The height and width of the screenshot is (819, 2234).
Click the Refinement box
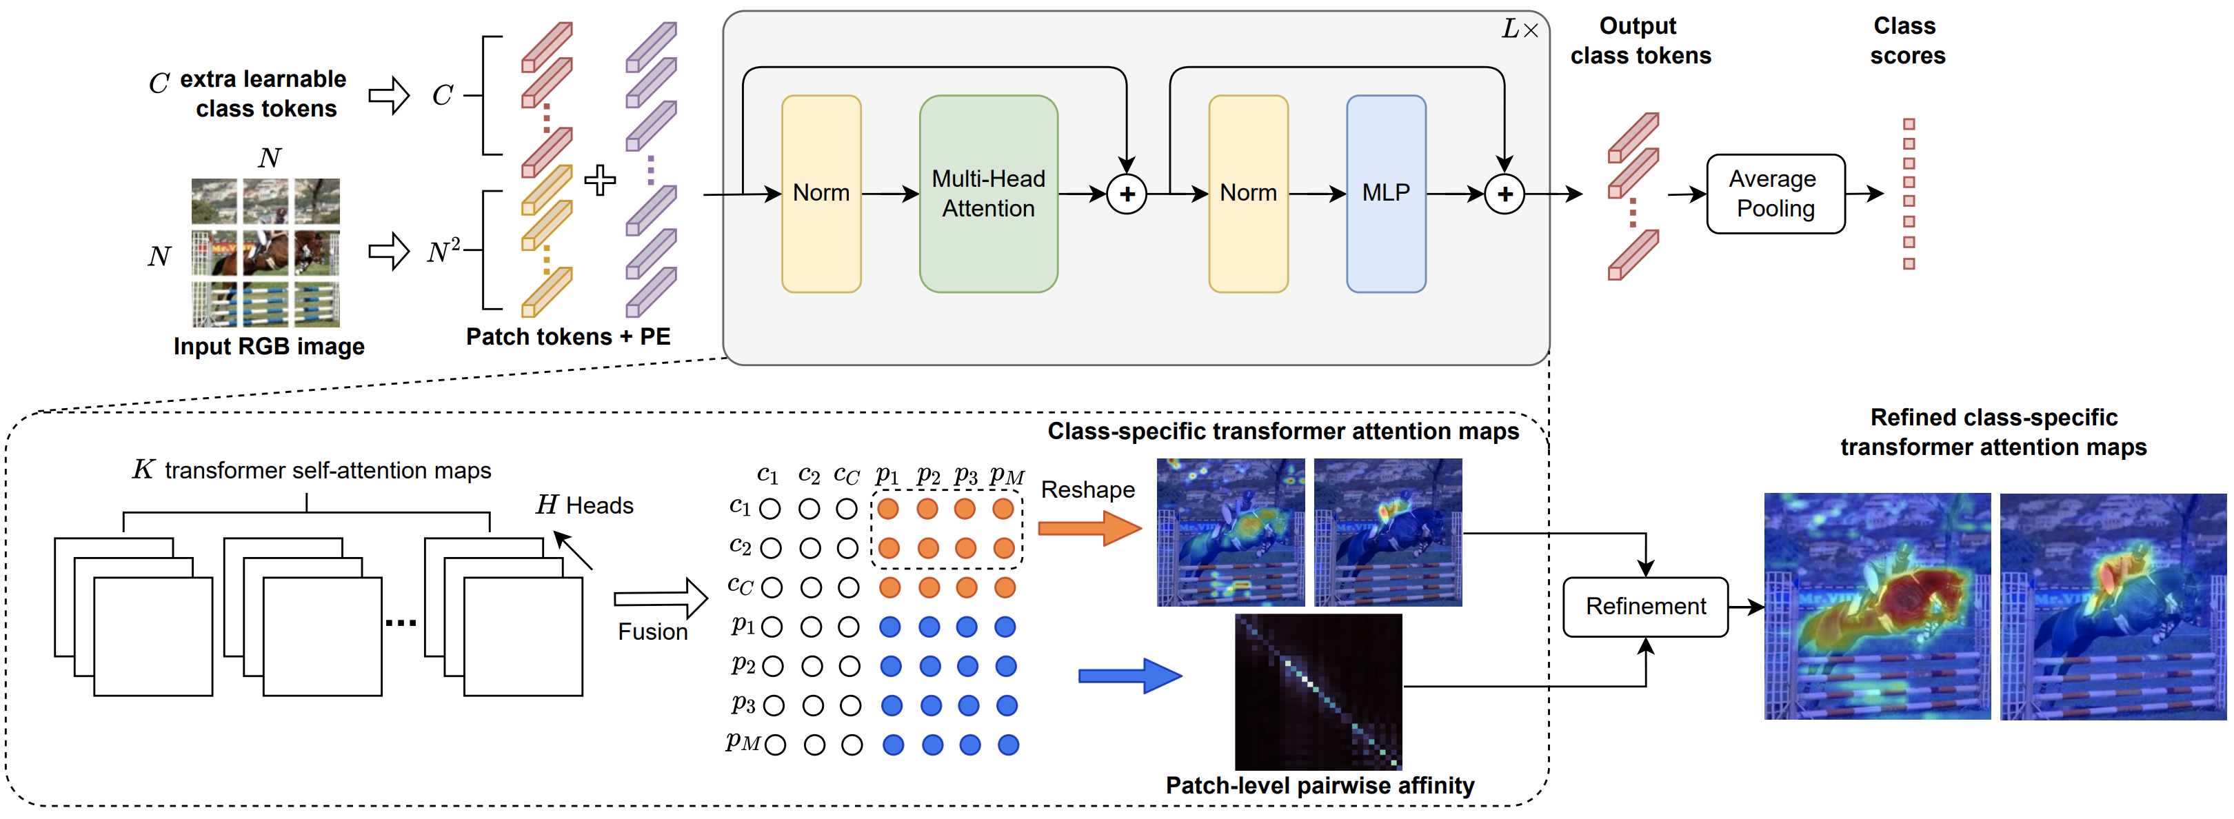point(1645,607)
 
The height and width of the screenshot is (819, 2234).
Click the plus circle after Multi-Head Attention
point(1127,194)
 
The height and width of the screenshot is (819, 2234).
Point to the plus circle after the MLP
point(1505,194)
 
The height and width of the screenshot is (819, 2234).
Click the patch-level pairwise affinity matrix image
point(1318,691)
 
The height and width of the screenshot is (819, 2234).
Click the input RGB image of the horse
point(265,252)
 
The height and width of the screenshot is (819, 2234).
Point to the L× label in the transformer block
point(1520,30)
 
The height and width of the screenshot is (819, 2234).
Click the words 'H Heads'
point(585,505)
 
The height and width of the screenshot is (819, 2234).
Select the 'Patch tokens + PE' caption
point(568,337)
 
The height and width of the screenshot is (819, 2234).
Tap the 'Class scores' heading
point(1906,41)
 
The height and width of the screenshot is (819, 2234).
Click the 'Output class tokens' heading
point(1640,41)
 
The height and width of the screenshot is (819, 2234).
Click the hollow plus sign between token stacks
point(599,180)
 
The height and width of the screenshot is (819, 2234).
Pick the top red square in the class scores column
point(1909,124)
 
